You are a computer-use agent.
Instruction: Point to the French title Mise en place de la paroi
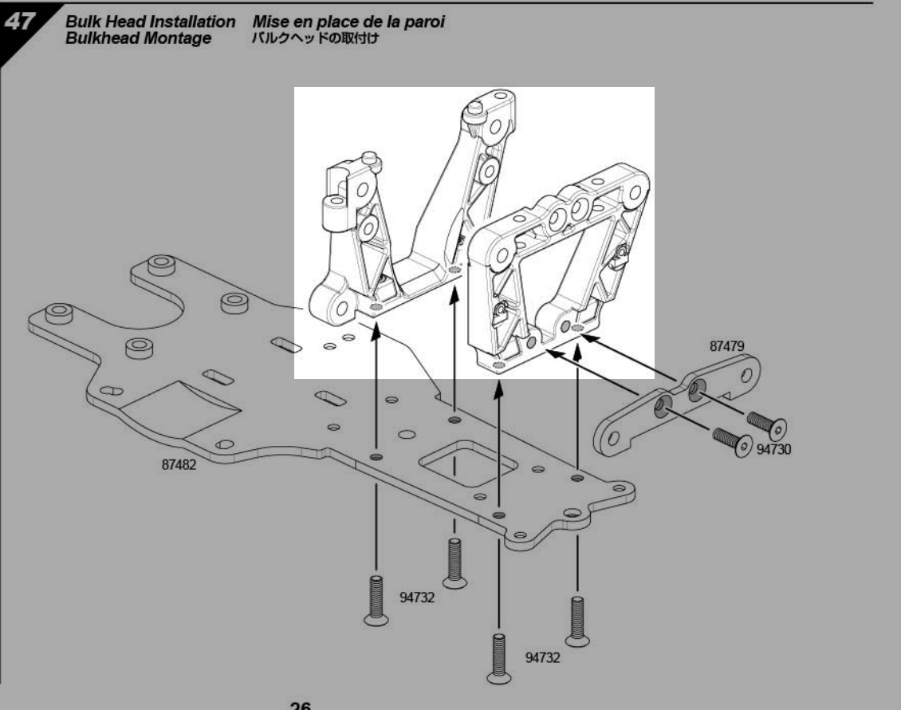(348, 23)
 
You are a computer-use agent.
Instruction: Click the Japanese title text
(313, 38)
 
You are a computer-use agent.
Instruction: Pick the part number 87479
(726, 347)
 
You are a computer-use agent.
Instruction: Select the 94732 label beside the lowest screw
(543, 657)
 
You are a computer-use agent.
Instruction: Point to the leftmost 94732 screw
(375, 600)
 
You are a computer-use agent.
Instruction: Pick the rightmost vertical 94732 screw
(577, 619)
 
